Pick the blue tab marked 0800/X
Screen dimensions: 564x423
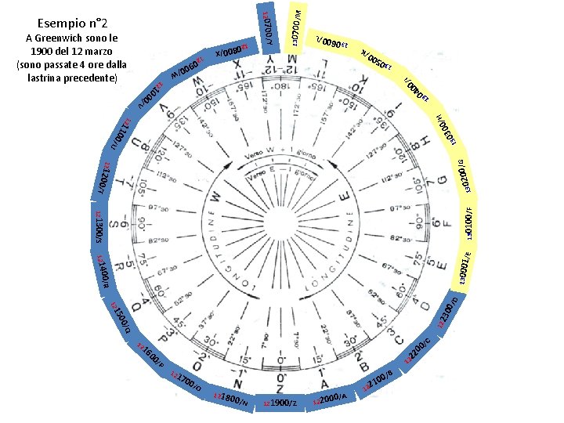coord(234,52)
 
